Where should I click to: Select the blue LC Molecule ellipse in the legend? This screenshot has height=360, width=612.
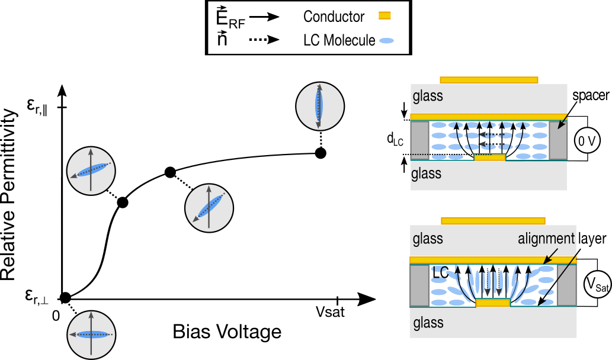pos(386,41)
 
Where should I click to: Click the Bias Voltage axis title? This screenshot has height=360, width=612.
pos(227,332)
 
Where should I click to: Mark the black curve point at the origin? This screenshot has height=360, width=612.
pos(66,297)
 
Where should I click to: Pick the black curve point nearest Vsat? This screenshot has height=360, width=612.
pos(321,153)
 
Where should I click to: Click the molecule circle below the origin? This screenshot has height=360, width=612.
pos(90,334)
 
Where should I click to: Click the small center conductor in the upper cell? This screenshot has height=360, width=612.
pos(490,158)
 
